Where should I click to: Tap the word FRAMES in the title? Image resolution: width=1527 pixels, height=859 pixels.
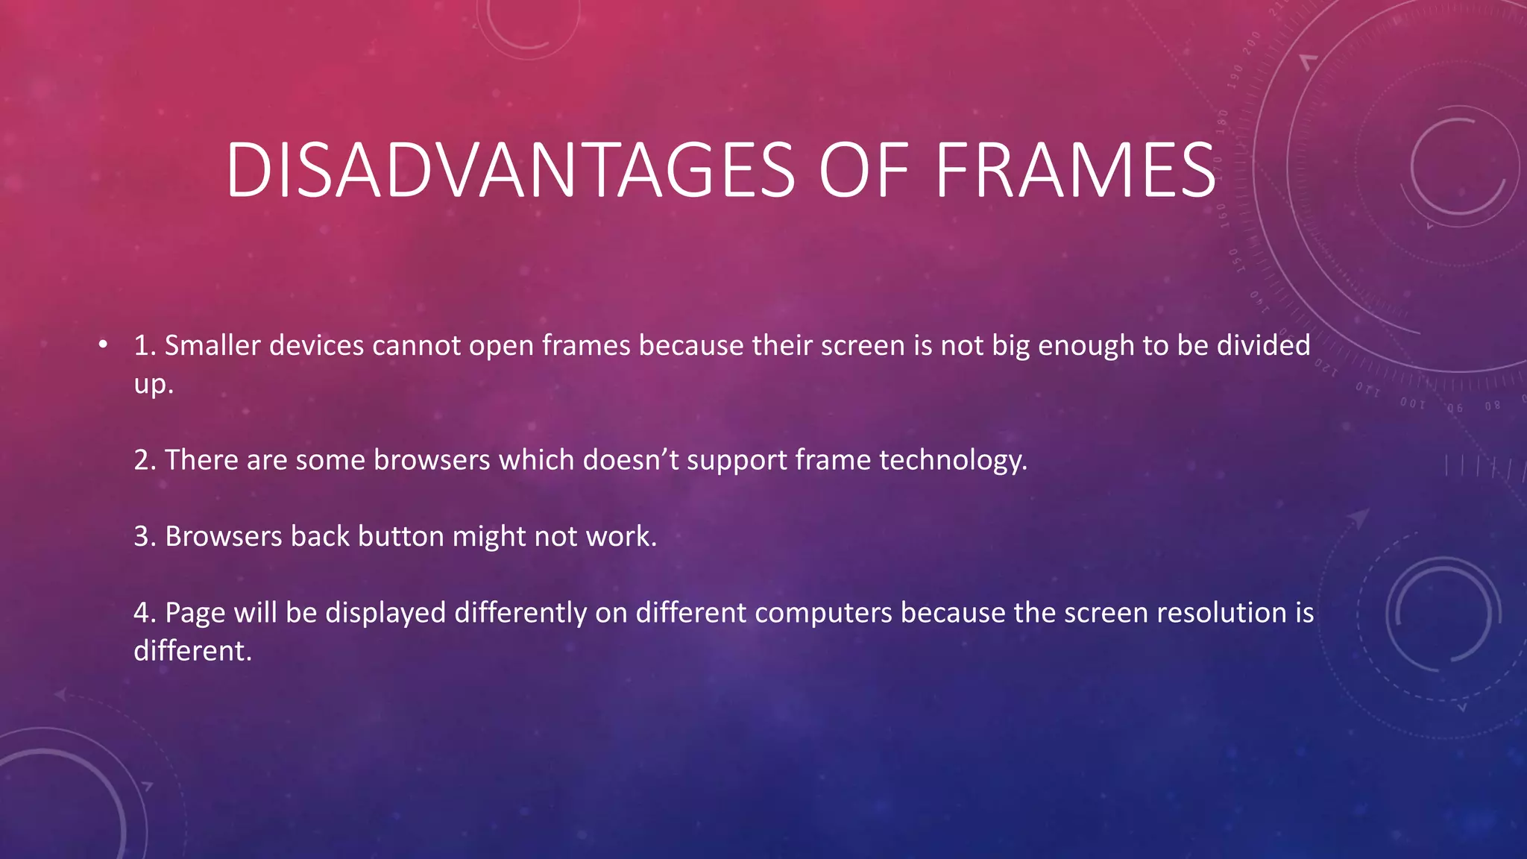1075,172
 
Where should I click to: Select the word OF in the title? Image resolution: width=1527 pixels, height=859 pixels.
863,172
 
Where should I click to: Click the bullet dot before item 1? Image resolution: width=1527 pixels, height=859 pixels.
103,344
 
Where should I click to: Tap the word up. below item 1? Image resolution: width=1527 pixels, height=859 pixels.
153,385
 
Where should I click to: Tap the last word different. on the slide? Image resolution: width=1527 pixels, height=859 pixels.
192,651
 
